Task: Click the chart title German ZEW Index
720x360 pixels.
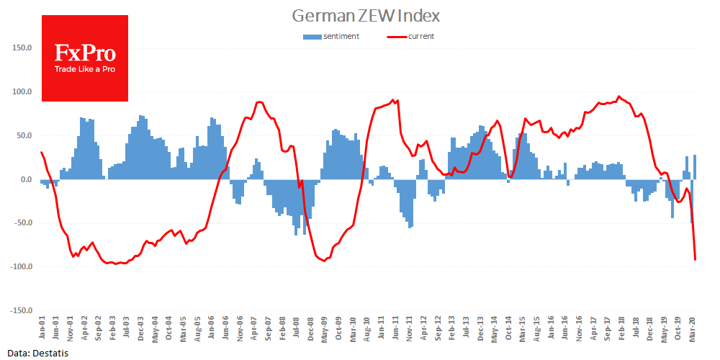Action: [x=366, y=15]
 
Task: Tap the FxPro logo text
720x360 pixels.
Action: [x=84, y=53]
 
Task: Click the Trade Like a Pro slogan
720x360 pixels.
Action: [x=85, y=69]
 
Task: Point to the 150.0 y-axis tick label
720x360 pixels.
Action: [x=22, y=48]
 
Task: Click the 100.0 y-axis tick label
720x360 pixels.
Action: [x=22, y=92]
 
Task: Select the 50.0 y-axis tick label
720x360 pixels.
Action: [x=23, y=135]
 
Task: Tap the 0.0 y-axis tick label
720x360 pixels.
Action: [x=25, y=179]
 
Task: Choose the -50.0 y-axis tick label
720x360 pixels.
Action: [x=22, y=223]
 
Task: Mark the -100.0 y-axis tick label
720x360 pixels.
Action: [x=19, y=266]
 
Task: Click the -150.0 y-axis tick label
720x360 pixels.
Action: [x=19, y=310]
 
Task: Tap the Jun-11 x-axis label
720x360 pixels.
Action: [x=395, y=330]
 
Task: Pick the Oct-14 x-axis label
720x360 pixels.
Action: [x=508, y=330]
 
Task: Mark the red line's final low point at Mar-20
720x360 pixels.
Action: [x=695, y=259]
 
